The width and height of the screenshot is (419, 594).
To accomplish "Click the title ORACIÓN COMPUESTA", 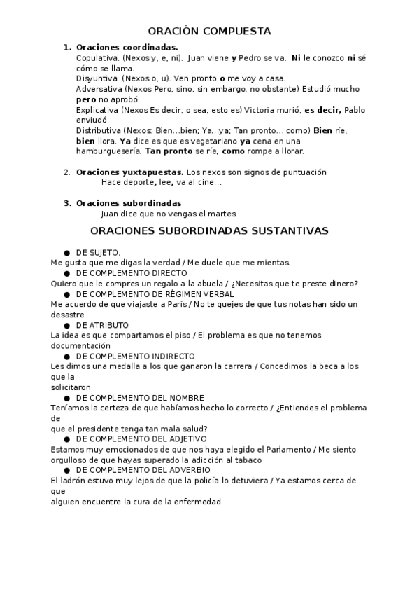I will pos(210,31).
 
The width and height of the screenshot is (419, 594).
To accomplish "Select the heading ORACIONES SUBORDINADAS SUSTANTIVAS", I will pos(210,230).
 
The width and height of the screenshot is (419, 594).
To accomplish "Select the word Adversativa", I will pos(99,89).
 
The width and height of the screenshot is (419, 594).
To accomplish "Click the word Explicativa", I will pos(97,110).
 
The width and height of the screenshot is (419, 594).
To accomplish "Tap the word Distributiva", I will pos(99,131).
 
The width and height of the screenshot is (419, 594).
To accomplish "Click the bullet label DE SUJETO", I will pos(98,252).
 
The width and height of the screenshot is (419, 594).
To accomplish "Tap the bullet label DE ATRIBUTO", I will pos(102,325).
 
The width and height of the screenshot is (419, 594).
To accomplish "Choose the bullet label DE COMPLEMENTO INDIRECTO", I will pos(135,356).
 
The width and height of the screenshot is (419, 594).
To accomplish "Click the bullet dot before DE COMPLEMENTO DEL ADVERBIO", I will pos(66,470).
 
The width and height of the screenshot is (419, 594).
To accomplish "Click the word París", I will pos(203,304).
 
